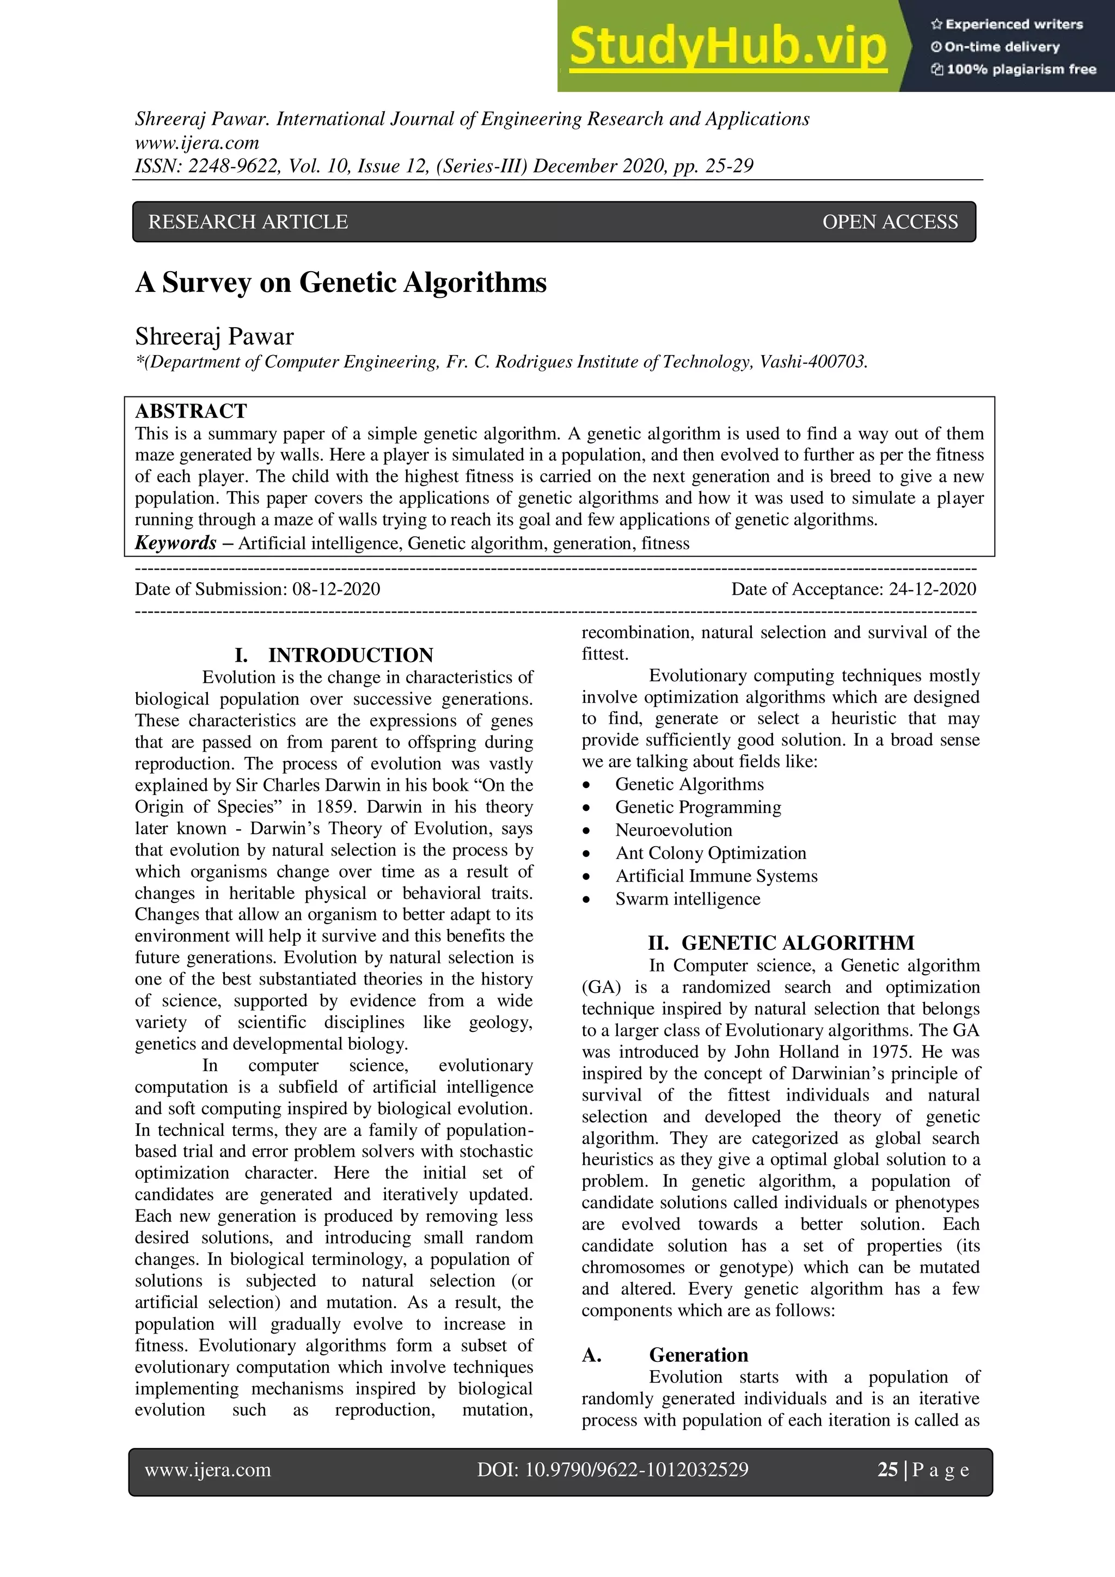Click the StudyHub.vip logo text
(728, 46)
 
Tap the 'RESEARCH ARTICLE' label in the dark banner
(248, 222)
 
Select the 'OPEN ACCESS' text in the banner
(890, 222)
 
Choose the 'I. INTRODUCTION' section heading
(334, 655)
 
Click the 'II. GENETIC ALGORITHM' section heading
(781, 943)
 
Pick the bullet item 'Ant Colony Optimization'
(710, 853)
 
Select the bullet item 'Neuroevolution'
(673, 830)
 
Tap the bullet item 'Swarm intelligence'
(687, 899)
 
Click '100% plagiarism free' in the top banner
(1020, 69)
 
